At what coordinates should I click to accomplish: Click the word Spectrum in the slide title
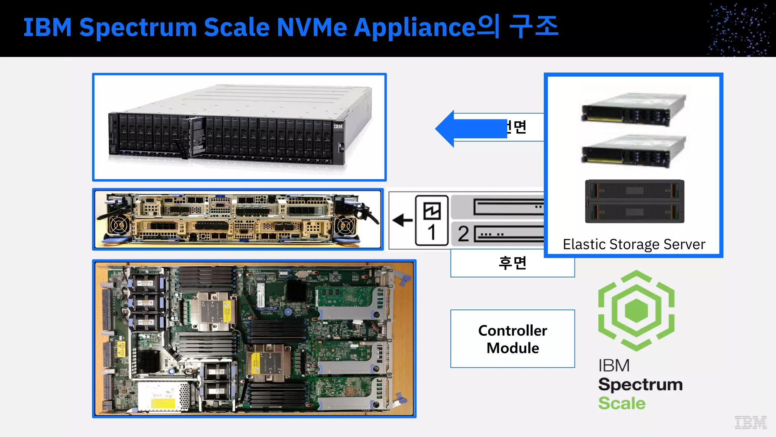[x=138, y=28]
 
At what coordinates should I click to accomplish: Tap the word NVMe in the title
[x=311, y=28]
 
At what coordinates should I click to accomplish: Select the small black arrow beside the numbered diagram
[x=402, y=220]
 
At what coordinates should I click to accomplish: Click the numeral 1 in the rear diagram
[x=432, y=232]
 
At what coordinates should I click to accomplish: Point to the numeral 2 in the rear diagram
[x=463, y=234]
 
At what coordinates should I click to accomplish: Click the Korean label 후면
[x=512, y=263]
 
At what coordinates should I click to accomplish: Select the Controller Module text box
[x=512, y=339]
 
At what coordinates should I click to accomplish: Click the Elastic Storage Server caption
[x=634, y=244]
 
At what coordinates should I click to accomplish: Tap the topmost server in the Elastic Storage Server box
[x=634, y=109]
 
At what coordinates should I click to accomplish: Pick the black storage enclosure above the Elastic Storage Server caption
[x=635, y=201]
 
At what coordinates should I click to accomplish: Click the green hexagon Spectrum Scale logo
[x=636, y=310]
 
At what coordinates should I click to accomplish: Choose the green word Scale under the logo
[x=622, y=403]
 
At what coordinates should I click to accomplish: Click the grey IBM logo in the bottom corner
[x=751, y=422]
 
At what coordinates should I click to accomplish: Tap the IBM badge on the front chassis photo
[x=338, y=126]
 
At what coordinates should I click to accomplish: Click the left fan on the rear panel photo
[x=118, y=226]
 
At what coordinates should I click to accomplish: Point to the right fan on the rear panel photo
[x=346, y=226]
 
